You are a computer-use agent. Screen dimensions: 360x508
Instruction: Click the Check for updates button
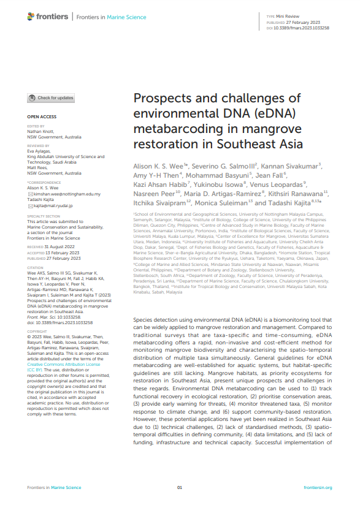tap(51, 98)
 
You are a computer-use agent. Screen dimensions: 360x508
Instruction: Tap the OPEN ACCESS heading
tap(42, 116)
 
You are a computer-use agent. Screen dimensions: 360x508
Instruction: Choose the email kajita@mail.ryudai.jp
tap(55, 207)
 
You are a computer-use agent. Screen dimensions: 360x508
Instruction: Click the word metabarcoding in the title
tap(173, 129)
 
